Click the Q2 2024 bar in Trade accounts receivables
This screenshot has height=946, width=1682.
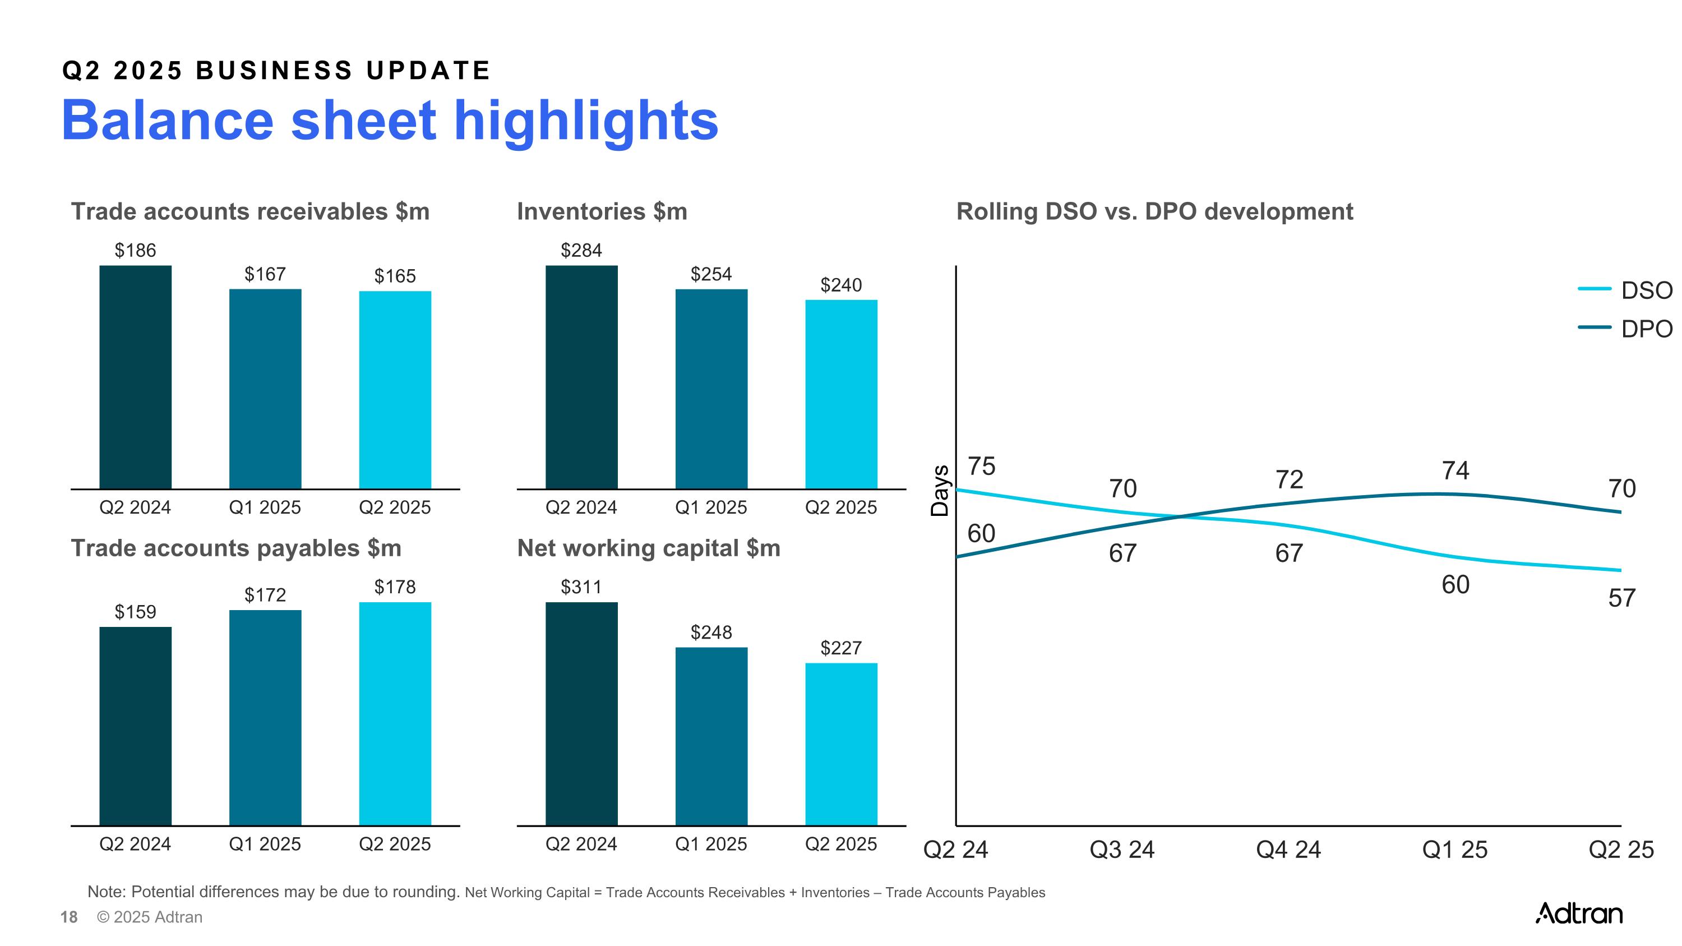tap(135, 377)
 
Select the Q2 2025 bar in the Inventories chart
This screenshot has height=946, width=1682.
tap(841, 394)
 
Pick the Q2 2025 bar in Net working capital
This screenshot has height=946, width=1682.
tap(841, 744)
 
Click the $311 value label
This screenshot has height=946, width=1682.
tap(581, 587)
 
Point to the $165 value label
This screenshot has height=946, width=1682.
tap(395, 276)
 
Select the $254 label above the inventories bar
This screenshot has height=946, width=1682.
tap(711, 274)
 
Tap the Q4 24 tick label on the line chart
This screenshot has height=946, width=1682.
tap(1288, 850)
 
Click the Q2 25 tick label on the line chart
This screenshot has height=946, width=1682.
tap(1621, 850)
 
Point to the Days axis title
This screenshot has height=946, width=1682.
tap(940, 491)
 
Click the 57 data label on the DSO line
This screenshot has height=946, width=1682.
tap(1621, 598)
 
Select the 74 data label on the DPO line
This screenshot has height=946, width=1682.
tap(1455, 470)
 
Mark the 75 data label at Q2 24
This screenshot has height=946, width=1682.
tap(981, 466)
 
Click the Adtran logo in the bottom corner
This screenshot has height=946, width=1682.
tap(1578, 913)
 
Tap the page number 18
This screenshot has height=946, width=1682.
tap(68, 917)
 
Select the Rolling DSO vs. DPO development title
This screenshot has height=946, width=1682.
tap(1154, 211)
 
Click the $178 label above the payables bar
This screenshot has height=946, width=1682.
tap(395, 587)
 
